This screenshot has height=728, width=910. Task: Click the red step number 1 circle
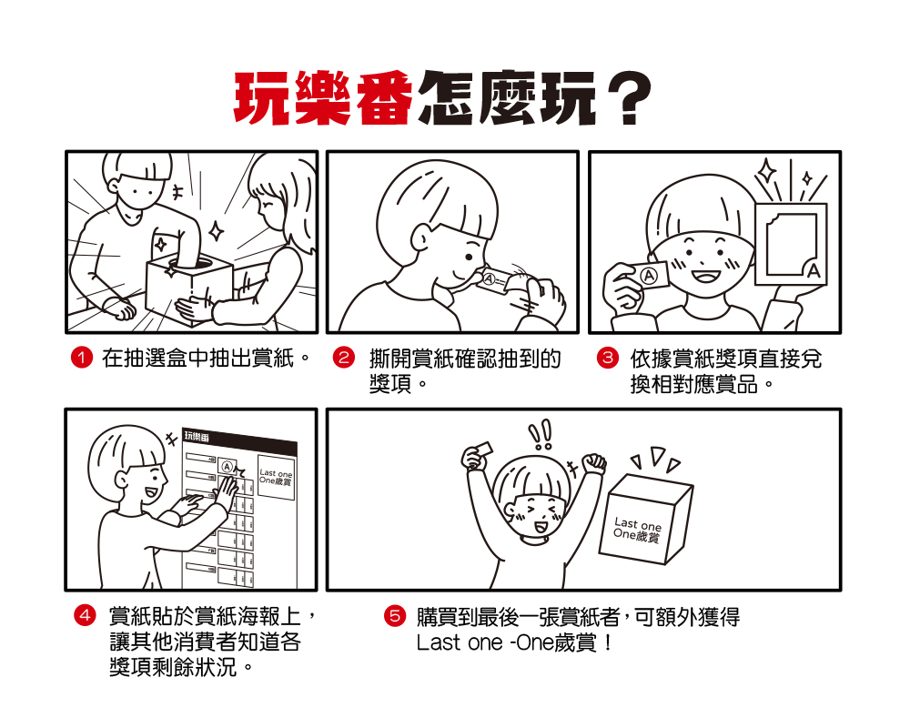point(82,358)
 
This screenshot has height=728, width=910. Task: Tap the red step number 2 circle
point(344,358)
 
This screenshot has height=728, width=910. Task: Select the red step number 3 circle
point(607,358)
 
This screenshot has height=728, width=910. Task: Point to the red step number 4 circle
point(85,615)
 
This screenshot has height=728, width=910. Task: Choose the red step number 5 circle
point(395,615)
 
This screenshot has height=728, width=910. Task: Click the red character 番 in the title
point(383,98)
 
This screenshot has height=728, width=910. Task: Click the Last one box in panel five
point(645,520)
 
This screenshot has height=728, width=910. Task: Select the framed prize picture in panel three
point(791,244)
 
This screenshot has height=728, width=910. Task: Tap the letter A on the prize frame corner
point(814,271)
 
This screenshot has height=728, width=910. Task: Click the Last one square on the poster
point(277,477)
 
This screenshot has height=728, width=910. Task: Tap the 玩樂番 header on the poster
point(197,436)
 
